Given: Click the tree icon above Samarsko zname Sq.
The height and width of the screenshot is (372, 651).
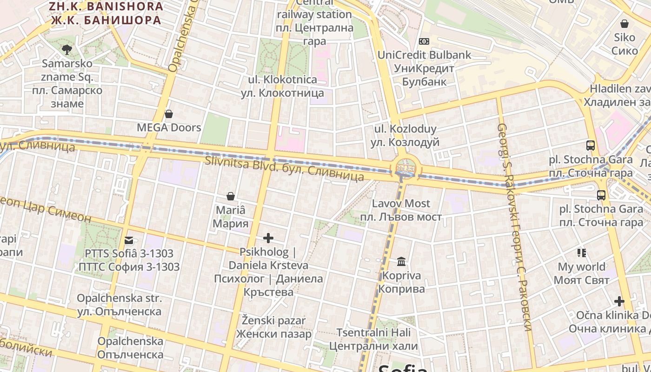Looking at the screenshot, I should pyautogui.click(x=67, y=49).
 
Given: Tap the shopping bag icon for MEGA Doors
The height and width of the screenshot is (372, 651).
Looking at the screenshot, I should pyautogui.click(x=169, y=114).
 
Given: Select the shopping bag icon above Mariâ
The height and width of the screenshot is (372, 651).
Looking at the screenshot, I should pyautogui.click(x=230, y=196).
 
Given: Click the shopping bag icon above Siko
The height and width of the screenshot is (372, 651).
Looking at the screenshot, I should pyautogui.click(x=624, y=24).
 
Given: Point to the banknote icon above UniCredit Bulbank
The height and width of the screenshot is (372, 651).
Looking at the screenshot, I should pyautogui.click(x=424, y=41).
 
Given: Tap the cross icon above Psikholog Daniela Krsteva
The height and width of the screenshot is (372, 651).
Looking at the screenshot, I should pyautogui.click(x=268, y=239).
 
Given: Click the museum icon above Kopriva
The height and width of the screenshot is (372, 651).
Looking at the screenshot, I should pyautogui.click(x=401, y=262).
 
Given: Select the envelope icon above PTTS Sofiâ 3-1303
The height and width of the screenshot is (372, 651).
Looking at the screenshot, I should pyautogui.click(x=129, y=240).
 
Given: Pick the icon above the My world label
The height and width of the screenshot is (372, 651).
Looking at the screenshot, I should pyautogui.click(x=582, y=253).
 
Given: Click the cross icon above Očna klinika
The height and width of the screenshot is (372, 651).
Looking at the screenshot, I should pyautogui.click(x=619, y=301).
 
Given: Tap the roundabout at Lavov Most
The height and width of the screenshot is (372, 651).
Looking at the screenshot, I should pyautogui.click(x=406, y=167).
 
